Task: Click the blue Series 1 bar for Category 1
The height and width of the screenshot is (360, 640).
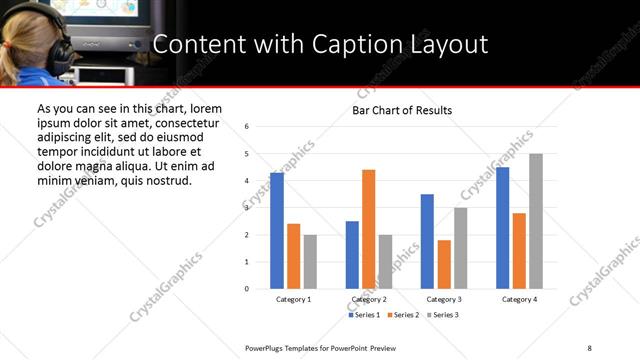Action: tap(277, 231)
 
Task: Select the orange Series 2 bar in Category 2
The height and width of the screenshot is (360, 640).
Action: tap(368, 229)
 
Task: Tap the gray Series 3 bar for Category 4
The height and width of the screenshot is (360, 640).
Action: tap(536, 221)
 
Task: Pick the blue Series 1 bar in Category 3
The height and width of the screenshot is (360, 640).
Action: tap(427, 241)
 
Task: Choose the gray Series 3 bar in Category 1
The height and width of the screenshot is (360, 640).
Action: tap(310, 262)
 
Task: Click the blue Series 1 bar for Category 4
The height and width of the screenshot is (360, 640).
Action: tap(503, 228)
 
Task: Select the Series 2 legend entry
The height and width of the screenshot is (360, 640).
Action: tap(403, 315)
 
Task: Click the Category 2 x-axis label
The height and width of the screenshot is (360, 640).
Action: tap(369, 300)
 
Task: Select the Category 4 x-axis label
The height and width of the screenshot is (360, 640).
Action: tap(519, 300)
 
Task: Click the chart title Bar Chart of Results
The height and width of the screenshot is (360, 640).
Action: tap(402, 110)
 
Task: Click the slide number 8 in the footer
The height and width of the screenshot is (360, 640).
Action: tap(590, 347)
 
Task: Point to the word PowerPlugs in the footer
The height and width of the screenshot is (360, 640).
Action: tap(267, 347)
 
